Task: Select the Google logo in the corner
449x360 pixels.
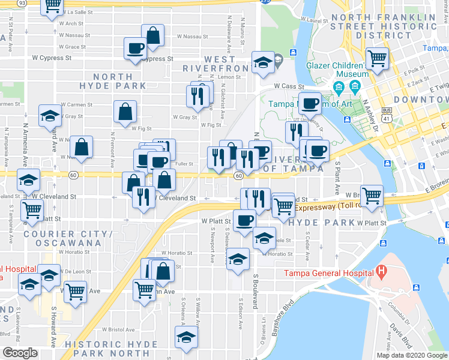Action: coord(20,352)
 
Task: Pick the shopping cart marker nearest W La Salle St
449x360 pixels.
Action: coord(52,5)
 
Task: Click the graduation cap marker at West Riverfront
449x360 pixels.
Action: coord(262,64)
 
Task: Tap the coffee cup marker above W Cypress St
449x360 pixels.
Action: coord(135,49)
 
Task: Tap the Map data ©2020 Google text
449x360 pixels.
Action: coord(411,355)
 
